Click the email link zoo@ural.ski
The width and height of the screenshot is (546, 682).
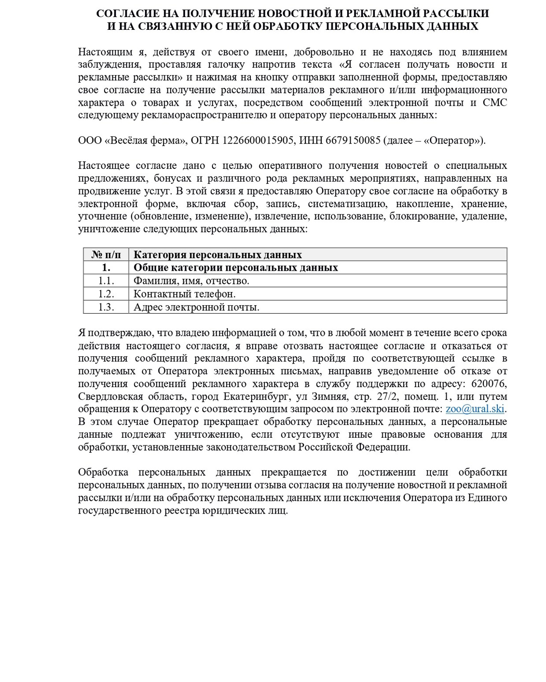click(x=475, y=409)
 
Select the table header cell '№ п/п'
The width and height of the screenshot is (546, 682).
click(x=106, y=255)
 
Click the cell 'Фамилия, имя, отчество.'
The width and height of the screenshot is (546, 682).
click(x=191, y=281)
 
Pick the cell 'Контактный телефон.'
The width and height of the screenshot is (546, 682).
click(x=184, y=294)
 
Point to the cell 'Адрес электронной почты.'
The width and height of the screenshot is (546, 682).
click(x=196, y=307)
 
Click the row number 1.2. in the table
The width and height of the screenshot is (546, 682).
click(x=106, y=294)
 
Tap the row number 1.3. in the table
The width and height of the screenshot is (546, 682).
click(x=106, y=307)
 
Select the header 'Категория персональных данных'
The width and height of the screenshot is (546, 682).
click(x=218, y=255)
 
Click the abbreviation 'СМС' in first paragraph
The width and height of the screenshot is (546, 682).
click(x=495, y=103)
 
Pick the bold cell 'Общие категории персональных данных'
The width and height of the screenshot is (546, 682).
click(x=235, y=268)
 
